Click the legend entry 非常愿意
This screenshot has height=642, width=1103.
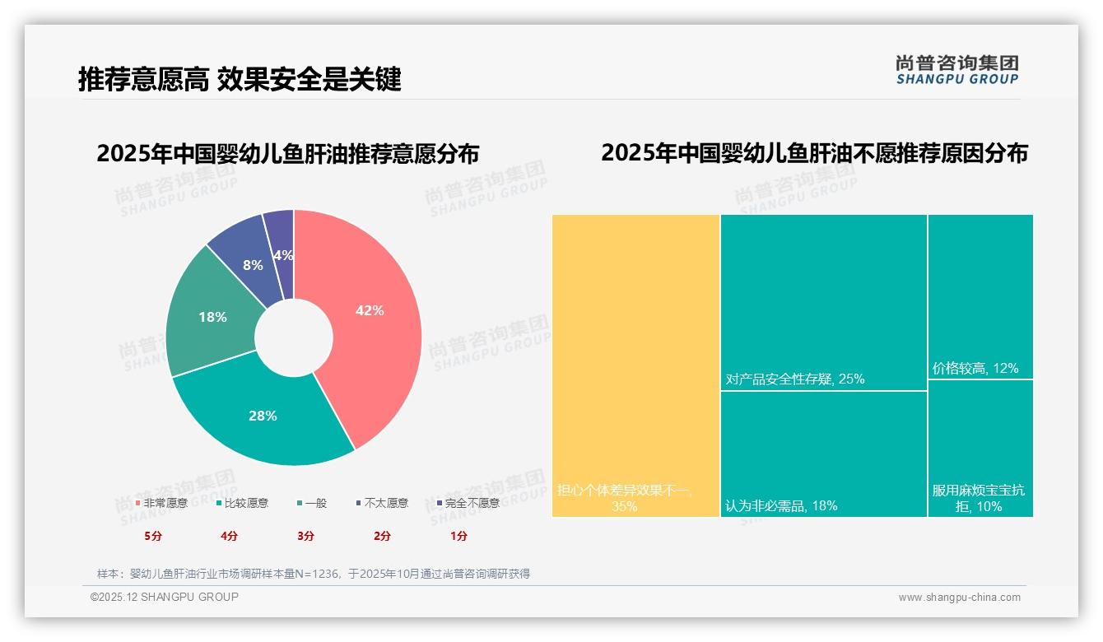click(x=161, y=503)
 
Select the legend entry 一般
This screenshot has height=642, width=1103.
click(x=312, y=503)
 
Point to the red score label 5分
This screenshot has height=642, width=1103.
click(x=152, y=536)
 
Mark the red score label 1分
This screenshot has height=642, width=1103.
click(x=458, y=536)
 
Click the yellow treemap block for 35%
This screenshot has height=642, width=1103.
click(x=635, y=365)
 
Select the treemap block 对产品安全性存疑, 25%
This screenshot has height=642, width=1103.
click(x=823, y=302)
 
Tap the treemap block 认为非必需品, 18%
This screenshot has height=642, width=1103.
click(x=823, y=454)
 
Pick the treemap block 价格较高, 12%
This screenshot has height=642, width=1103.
click(x=980, y=296)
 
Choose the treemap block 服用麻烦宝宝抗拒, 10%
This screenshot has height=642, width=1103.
click(x=980, y=448)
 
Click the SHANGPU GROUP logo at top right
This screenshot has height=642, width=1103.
click(x=956, y=70)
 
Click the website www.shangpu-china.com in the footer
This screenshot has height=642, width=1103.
click(x=959, y=598)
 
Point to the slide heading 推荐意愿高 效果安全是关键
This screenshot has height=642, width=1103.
click(x=240, y=79)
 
